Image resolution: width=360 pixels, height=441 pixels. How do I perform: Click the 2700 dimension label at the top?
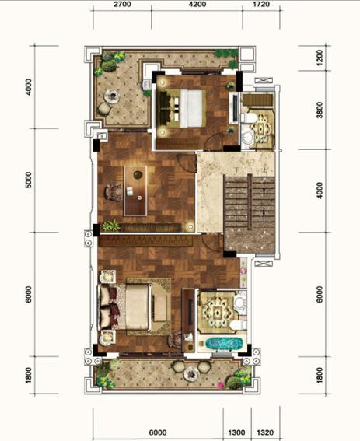pyautogui.click(x=123, y=4)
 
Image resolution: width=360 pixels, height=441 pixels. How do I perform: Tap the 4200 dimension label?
pyautogui.click(x=197, y=4)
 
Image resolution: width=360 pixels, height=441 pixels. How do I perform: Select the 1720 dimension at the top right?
pyautogui.click(x=261, y=4)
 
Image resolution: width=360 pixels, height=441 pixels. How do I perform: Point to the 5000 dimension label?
pyautogui.click(x=29, y=180)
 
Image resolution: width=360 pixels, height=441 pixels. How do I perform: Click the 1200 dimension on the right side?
pyautogui.click(x=320, y=58)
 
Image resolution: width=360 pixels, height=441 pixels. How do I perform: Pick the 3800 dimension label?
pyautogui.click(x=320, y=110)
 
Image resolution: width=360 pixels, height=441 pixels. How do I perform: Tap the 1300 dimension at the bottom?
pyautogui.click(x=237, y=432)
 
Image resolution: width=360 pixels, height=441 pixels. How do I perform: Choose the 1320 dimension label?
pyautogui.click(x=265, y=432)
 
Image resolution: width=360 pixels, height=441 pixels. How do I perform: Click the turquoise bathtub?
pyautogui.click(x=224, y=344)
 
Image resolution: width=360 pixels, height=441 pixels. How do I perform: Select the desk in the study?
pyautogui.click(x=135, y=191)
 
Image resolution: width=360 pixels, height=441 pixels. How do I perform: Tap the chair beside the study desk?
pyautogui.click(x=114, y=192)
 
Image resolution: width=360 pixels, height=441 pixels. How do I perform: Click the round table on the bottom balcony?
pyautogui.click(x=192, y=374)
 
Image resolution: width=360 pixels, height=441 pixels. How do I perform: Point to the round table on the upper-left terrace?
pyautogui.click(x=112, y=96)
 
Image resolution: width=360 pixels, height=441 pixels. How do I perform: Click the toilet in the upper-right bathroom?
pyautogui.click(x=248, y=118)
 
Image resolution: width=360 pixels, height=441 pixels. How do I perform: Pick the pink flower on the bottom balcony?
pyautogui.click(x=221, y=384)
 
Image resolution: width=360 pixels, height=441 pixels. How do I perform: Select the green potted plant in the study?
pyautogui.click(x=110, y=226)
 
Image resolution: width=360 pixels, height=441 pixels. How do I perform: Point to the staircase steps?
pyautogui.click(x=250, y=202)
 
